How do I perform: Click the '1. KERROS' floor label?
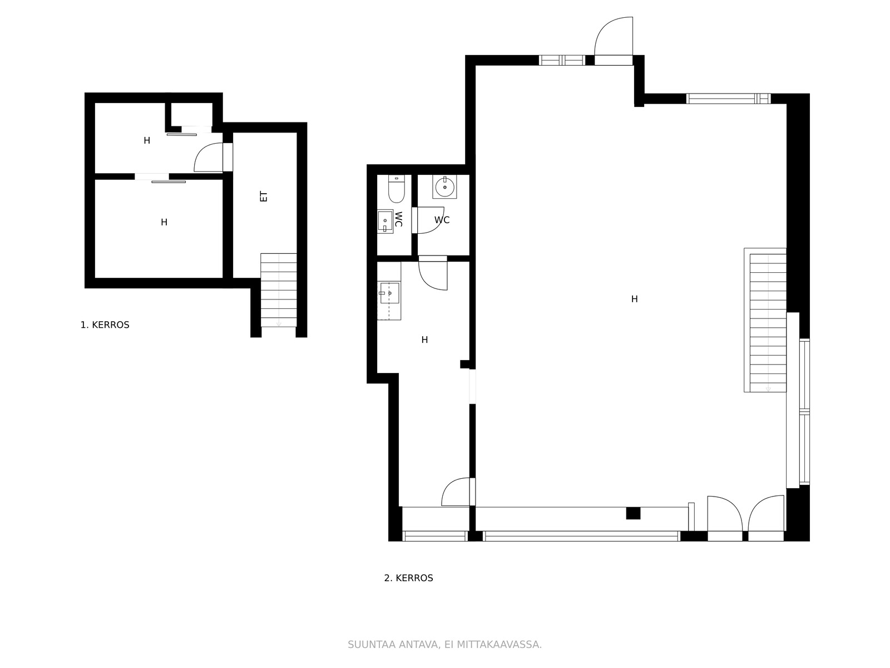coord(105,325)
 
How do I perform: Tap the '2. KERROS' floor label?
coord(408,578)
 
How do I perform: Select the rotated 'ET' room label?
coord(264,197)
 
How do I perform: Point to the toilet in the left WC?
coord(396,189)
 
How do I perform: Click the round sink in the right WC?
coord(444,186)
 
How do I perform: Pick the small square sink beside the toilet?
coord(385,222)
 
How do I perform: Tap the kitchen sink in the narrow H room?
coord(389,293)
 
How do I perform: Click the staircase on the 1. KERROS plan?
coord(279,290)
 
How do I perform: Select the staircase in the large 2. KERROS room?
coord(765,320)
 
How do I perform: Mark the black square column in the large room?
coord(633,513)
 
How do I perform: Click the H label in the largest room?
coord(635,299)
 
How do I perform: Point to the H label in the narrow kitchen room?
coord(424,340)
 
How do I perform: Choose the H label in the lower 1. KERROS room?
coord(164,222)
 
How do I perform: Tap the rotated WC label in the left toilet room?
coord(398,219)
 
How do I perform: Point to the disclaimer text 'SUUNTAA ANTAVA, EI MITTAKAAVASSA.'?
coord(444,645)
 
